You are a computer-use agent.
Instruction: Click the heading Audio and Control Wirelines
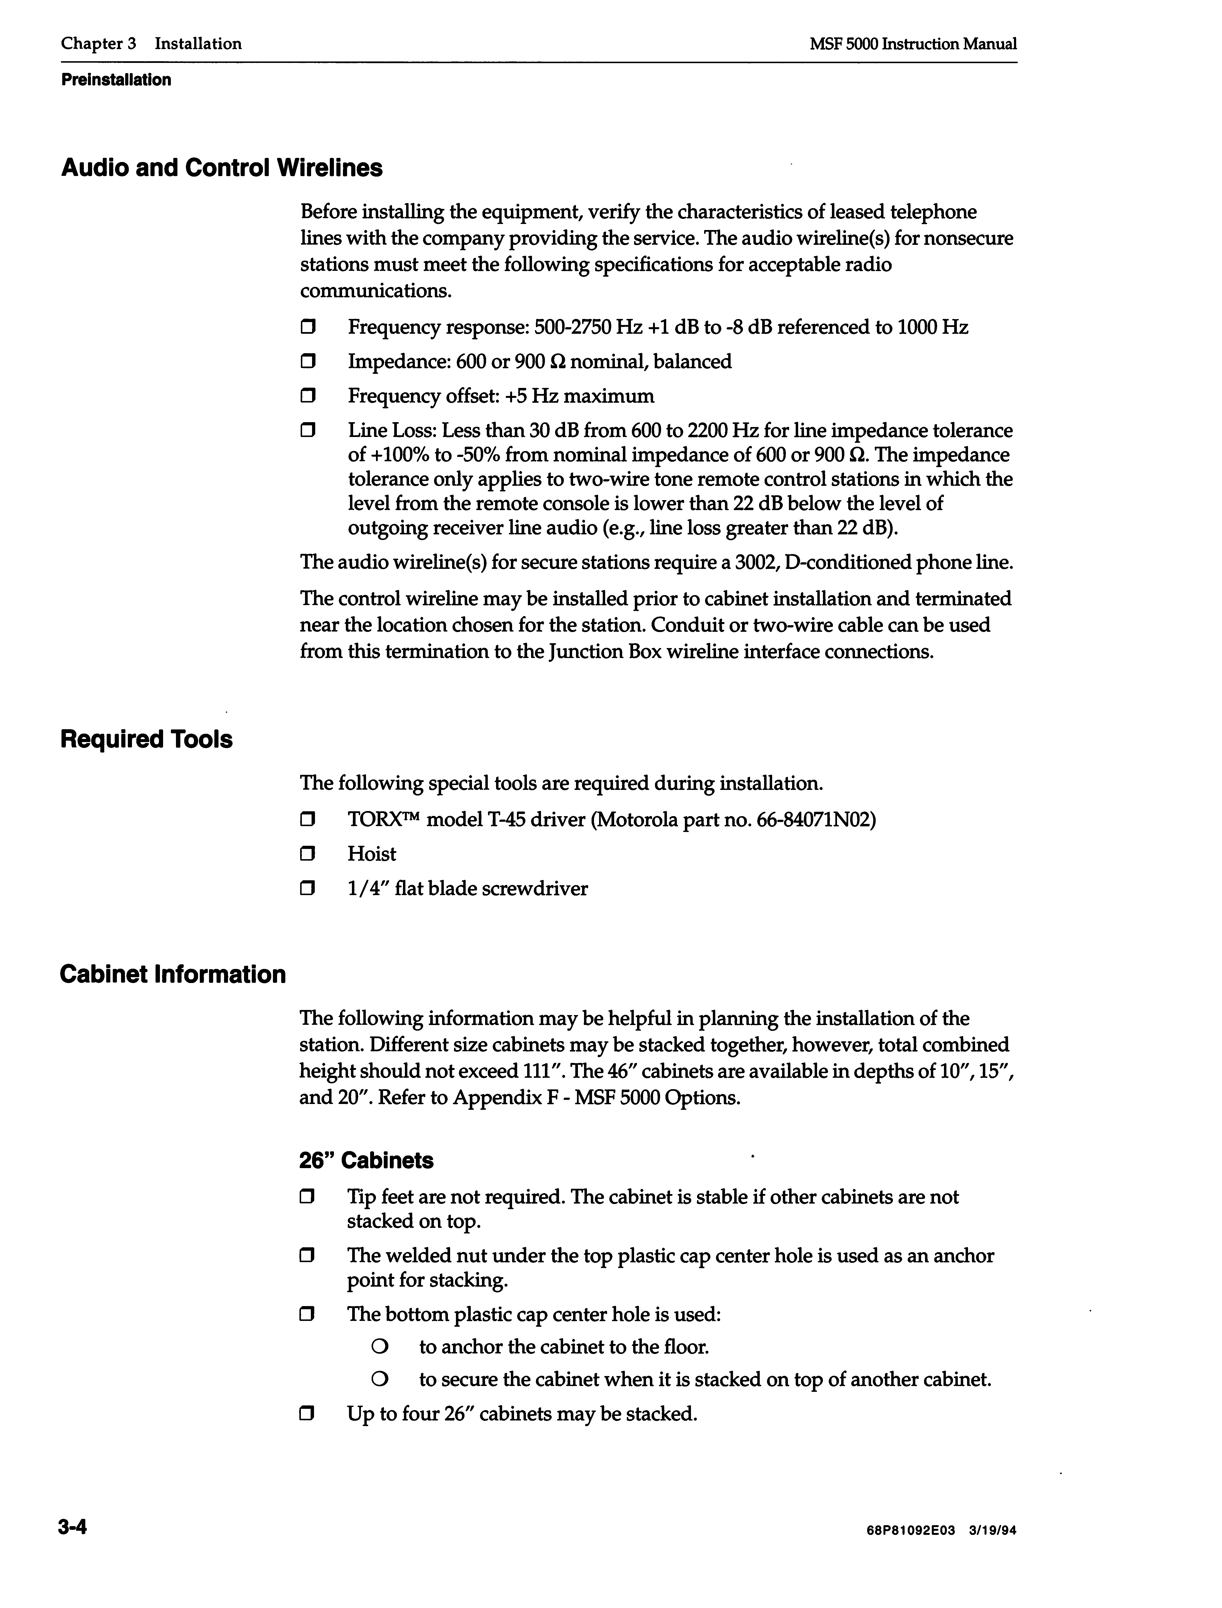coord(222,168)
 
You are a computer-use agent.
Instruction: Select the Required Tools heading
coord(146,739)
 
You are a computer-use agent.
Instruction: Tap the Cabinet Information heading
coord(173,974)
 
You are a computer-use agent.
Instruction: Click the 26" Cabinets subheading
coord(366,1160)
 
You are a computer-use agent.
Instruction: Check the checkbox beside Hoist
coord(308,854)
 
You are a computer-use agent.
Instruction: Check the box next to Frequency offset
coord(308,396)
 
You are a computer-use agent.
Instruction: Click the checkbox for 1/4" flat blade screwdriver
coord(308,888)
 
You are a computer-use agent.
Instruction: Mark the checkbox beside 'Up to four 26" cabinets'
coord(308,1414)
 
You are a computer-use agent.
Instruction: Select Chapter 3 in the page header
coord(98,44)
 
